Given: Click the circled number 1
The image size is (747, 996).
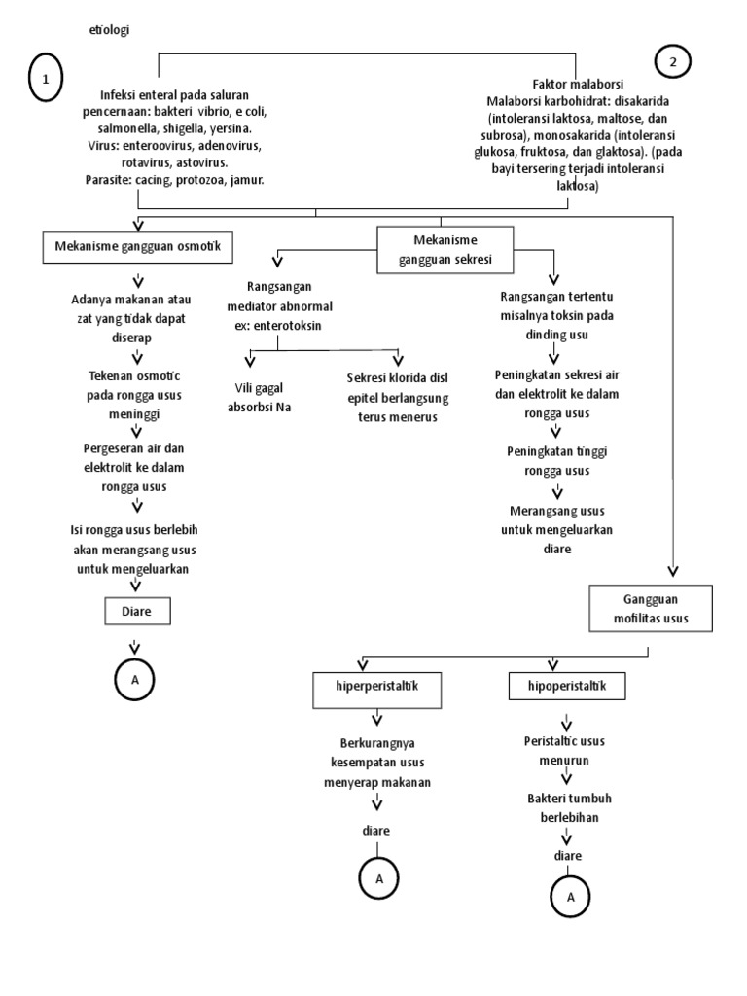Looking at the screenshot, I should click(x=46, y=80).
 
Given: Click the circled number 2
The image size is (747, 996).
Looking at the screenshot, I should click(x=672, y=61).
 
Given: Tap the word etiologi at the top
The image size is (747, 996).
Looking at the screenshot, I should click(x=108, y=29).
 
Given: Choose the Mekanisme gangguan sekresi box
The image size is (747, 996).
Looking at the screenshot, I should click(x=445, y=249).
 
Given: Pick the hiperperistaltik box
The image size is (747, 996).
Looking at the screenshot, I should click(x=375, y=688).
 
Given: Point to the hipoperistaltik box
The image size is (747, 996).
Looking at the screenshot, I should click(x=567, y=688).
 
